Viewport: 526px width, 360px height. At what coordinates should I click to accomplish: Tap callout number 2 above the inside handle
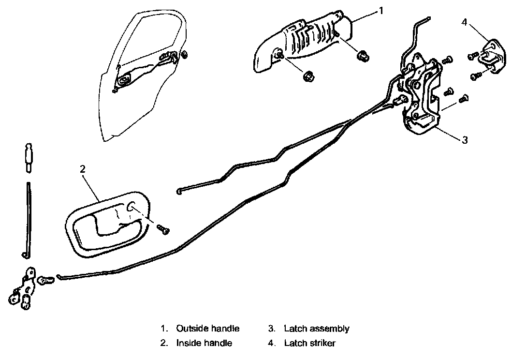pyautogui.click(x=83, y=169)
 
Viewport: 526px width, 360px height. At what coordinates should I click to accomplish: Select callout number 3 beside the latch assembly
pyautogui.click(x=465, y=140)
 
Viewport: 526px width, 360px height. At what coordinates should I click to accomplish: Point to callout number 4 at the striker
pyautogui.click(x=464, y=22)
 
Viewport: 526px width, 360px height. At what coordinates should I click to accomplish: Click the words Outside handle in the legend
pyautogui.click(x=208, y=329)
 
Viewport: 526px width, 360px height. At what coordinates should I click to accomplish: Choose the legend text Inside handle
pyautogui.click(x=204, y=343)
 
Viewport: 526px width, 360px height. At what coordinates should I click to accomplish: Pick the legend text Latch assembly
pyautogui.click(x=317, y=329)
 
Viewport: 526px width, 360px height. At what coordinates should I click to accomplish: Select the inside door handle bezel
pyautogui.click(x=106, y=225)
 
